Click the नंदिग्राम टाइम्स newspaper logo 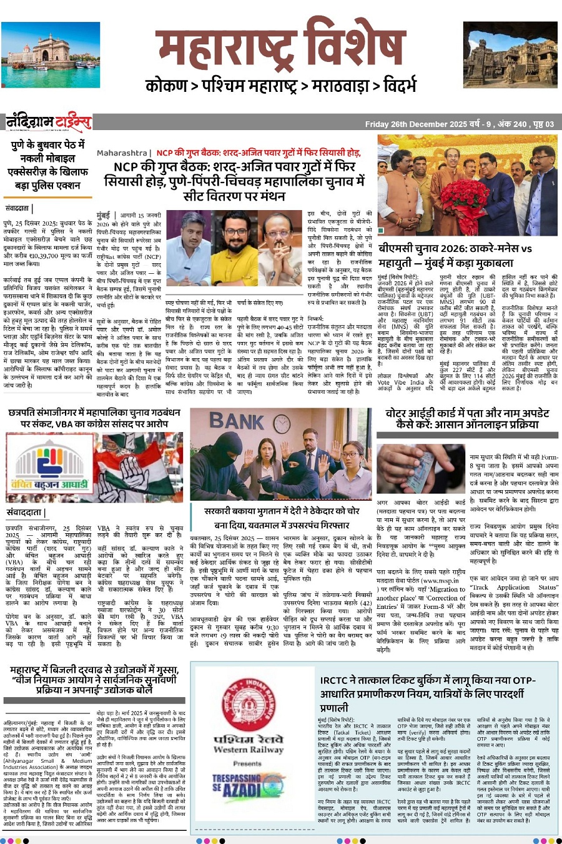click(49, 122)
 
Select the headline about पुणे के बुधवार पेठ click(47, 168)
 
